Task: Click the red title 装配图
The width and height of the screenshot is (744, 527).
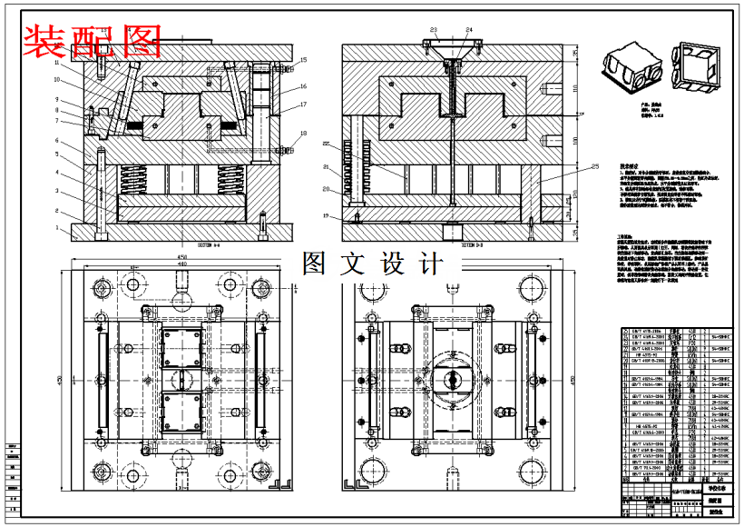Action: point(92,39)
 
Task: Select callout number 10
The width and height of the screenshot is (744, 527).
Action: point(56,79)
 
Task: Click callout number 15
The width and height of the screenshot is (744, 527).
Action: point(304,60)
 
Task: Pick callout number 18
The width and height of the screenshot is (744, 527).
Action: point(304,134)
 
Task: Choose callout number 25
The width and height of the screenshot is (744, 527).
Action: point(595,166)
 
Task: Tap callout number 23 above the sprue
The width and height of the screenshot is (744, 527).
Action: point(434,30)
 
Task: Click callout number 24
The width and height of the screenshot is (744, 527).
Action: point(469,30)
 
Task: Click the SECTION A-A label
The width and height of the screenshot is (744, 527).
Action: point(215,245)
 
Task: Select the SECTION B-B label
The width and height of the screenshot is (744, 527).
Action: point(472,245)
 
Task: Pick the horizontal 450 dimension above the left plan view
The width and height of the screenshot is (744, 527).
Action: point(181,257)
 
